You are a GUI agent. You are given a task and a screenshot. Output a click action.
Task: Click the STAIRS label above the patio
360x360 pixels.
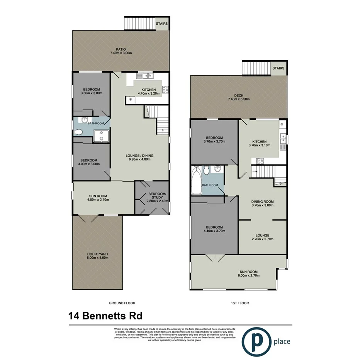pos(162,24)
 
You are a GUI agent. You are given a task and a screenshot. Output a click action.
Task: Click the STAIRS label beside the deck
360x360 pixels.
pos(278,68)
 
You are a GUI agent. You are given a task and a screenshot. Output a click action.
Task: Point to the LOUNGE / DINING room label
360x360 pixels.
pos(139,156)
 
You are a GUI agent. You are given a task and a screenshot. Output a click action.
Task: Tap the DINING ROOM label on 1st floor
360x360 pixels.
pos(262,201)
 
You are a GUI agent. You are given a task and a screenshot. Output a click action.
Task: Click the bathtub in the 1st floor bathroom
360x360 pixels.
pos(196,181)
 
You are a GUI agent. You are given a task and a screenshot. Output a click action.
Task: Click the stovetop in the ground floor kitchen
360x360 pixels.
pos(165,90)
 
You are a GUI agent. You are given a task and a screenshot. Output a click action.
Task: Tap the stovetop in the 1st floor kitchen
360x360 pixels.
pos(258,161)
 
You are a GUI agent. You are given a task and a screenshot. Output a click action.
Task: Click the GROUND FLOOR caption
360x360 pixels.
pos(122,303)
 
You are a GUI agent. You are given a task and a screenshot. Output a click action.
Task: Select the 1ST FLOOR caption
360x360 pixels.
pos(238,303)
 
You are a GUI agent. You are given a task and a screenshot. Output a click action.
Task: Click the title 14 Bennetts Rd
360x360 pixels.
pos(105,316)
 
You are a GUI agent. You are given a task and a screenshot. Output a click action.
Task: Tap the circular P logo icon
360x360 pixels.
pos(256,341)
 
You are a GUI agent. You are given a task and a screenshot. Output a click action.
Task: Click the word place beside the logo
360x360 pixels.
pos(282,341)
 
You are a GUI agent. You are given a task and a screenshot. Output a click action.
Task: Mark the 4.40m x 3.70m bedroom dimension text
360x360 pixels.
pos(214,231)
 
